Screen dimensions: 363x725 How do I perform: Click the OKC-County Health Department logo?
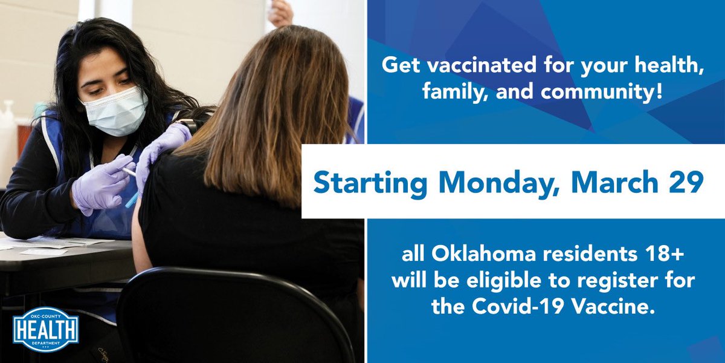[x=45, y=329]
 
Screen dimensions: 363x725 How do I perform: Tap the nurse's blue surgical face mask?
[x=114, y=111]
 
